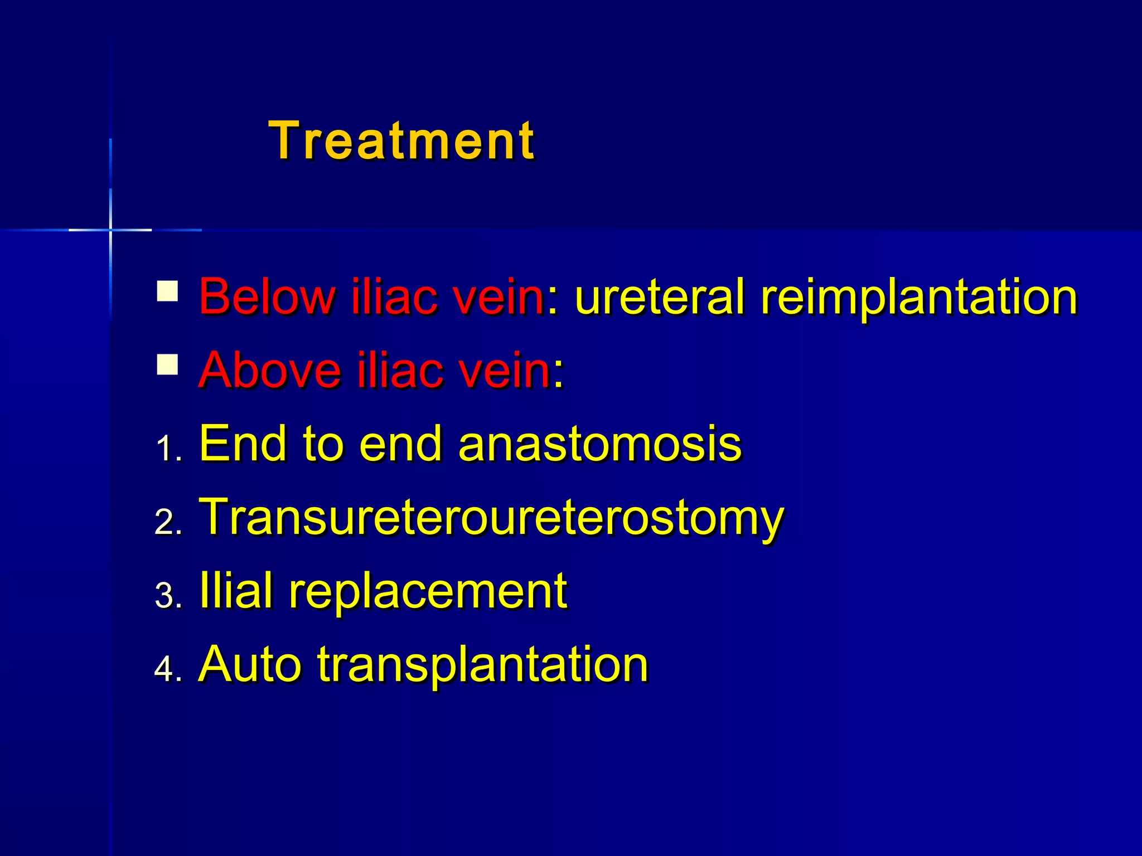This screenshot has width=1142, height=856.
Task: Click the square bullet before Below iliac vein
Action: [x=167, y=291]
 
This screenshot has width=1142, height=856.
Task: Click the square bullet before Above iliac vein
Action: [x=167, y=364]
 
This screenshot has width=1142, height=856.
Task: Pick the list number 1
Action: [x=167, y=449]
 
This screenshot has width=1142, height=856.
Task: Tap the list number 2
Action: [x=167, y=522]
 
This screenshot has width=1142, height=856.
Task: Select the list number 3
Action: [x=167, y=596]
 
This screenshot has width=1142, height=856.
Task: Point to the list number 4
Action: [x=167, y=669]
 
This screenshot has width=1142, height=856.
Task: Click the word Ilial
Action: [x=236, y=590]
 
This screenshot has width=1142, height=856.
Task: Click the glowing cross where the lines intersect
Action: [x=110, y=230]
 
